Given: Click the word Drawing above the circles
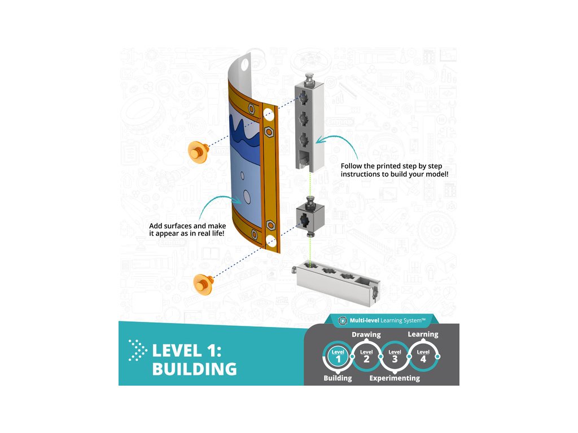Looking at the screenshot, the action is click(366, 334).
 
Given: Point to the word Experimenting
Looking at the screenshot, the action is click(395, 378).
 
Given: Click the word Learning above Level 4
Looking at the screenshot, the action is click(423, 334).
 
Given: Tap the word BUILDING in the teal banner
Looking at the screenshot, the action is click(194, 369).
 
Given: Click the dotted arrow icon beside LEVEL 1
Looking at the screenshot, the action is click(136, 350).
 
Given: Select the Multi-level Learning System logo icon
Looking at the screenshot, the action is click(341, 321).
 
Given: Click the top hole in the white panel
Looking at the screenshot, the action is click(244, 64).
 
